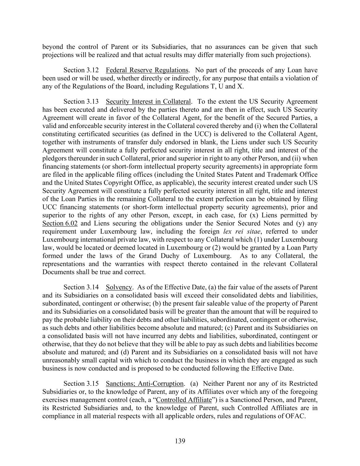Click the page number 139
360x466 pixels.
[x=180, y=441]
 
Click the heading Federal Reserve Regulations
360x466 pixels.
[x=147, y=70]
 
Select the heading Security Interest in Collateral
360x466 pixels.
[x=148, y=102]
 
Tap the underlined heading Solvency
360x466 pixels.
[x=119, y=287]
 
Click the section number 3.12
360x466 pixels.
[x=92, y=70]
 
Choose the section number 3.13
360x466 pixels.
[x=92, y=102]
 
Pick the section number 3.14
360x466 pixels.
[x=92, y=287]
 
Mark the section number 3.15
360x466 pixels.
[x=92, y=384]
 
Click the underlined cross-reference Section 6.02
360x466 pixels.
[x=60, y=224]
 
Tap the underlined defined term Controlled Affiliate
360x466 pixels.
[x=184, y=400]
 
